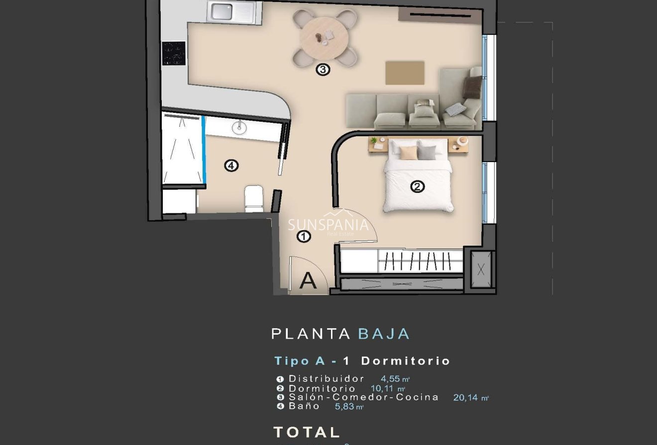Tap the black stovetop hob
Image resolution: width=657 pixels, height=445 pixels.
coord(174,53)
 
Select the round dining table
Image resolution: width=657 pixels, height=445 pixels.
coord(325,38)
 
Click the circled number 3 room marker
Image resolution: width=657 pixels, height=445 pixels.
coord(323,70)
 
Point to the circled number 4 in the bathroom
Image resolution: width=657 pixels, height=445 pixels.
coord(231,166)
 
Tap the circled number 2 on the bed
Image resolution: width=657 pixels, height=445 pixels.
coord(417,187)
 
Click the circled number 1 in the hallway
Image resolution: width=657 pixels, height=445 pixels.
coord(304,237)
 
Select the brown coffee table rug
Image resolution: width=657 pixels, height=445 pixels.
coord(405,73)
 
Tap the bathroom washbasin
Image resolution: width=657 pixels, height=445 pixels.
coord(239,128)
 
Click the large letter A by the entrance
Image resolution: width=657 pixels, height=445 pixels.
coord(308,281)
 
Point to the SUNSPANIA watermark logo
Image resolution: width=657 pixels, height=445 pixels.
coord(328,225)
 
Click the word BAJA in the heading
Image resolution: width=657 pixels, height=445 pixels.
coord(384,334)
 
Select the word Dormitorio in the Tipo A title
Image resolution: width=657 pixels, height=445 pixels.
coord(406,361)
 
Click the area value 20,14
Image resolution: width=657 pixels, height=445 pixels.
coord(466,397)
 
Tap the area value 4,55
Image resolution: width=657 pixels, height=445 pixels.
coord(391,379)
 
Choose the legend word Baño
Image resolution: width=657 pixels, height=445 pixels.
coord(305,406)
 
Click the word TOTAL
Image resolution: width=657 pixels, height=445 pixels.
coord(307,432)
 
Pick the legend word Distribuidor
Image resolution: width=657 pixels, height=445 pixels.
coord(327,379)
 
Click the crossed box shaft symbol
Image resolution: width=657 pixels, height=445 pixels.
coord(481,270)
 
